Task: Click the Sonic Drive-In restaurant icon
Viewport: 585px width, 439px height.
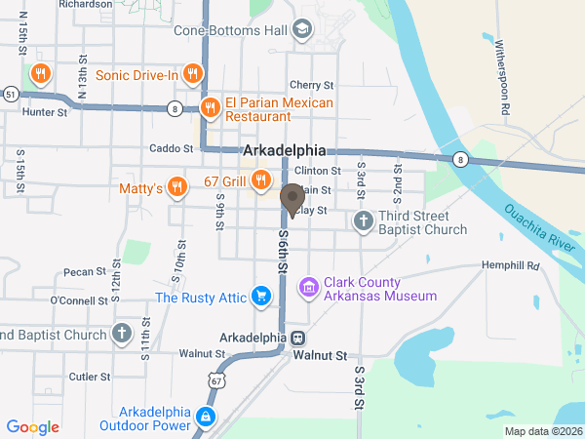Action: pos(193,74)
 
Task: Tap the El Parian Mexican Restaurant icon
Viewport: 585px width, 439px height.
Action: pos(209,108)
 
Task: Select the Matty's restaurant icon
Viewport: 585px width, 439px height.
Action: pos(176,186)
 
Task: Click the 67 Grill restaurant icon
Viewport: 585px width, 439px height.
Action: pos(260,180)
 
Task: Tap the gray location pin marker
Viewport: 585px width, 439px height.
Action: pos(292,200)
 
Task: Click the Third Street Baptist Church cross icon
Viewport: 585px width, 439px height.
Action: pos(363,221)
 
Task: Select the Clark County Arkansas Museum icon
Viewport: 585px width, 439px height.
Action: pos(309,288)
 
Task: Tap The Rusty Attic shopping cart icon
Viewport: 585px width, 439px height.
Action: pos(260,296)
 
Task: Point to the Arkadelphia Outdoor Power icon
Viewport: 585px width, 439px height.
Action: pos(206,418)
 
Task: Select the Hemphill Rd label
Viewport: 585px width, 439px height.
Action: pos(510,265)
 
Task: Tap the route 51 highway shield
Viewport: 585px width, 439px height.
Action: pos(11,95)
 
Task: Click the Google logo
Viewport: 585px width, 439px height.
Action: pos(33,426)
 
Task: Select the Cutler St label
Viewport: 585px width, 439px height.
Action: pos(89,375)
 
